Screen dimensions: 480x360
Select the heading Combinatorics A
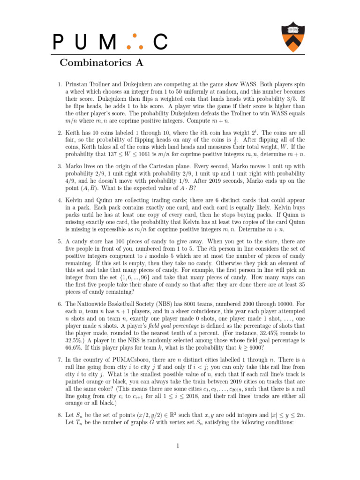pyautogui.click(x=101, y=62)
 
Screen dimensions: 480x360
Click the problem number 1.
pyautogui.click(x=60, y=85)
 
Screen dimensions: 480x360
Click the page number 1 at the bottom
pyautogui.click(x=179, y=445)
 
